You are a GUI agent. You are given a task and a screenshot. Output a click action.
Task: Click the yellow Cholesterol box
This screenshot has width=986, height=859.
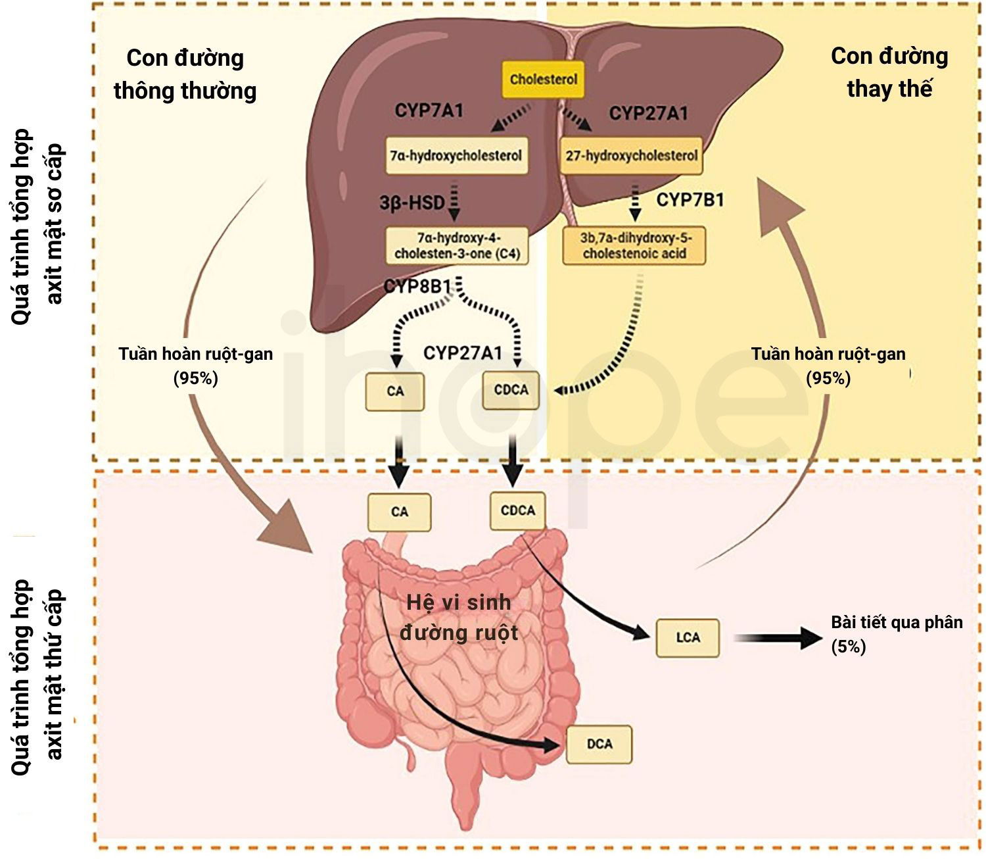pyautogui.click(x=543, y=79)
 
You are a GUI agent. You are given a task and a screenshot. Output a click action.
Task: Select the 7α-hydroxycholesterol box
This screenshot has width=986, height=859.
pyautogui.click(x=456, y=156)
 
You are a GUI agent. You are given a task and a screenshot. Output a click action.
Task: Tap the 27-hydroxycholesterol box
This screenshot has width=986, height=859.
pyautogui.click(x=631, y=156)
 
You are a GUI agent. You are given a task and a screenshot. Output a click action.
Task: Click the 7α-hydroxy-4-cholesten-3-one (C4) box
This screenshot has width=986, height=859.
pyautogui.click(x=457, y=246)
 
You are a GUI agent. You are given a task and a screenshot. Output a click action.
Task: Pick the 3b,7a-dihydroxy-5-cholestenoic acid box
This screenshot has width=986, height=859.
pyautogui.click(x=634, y=246)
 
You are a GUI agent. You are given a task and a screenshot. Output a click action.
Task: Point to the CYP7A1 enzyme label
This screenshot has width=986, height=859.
pyautogui.click(x=429, y=110)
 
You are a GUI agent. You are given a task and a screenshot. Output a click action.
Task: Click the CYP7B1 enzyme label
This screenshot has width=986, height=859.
pyautogui.click(x=690, y=200)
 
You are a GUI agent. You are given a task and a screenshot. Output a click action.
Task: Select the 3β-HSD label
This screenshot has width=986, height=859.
pyautogui.click(x=412, y=203)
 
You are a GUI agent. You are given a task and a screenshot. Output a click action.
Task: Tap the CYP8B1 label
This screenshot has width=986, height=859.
pyautogui.click(x=417, y=286)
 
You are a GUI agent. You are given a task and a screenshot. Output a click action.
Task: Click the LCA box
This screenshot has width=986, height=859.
pyautogui.click(x=688, y=638)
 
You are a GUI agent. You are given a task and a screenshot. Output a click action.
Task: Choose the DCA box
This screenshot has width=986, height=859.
pyautogui.click(x=599, y=745)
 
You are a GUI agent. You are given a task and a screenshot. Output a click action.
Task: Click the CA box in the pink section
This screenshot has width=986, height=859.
pyautogui.click(x=399, y=512)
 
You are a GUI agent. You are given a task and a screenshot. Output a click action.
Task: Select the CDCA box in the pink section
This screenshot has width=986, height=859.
pyautogui.click(x=517, y=510)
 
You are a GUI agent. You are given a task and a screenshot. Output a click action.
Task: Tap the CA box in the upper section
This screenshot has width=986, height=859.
pyautogui.click(x=394, y=391)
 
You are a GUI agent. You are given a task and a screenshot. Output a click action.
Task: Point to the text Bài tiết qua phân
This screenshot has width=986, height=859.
pyautogui.click(x=897, y=623)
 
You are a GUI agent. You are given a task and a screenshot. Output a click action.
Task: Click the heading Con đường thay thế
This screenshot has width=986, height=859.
pyautogui.click(x=889, y=73)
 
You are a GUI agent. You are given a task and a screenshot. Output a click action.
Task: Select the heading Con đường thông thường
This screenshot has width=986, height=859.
pyautogui.click(x=185, y=75)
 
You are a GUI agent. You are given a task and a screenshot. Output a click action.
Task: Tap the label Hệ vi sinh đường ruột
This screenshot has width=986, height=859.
pyautogui.click(x=458, y=618)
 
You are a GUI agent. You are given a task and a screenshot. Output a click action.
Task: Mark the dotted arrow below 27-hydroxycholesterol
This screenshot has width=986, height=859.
pyautogui.click(x=635, y=201)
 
